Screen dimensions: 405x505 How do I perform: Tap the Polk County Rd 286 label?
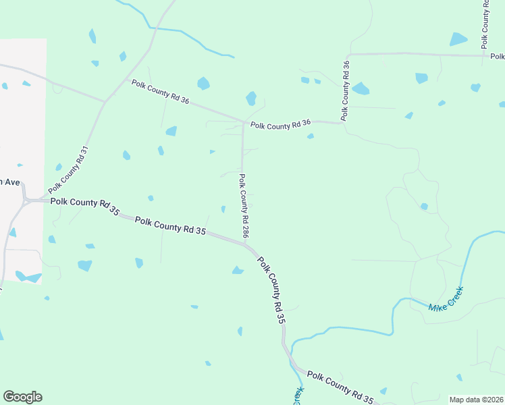pyautogui.click(x=244, y=207)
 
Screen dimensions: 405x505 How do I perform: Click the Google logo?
pyautogui.click(x=22, y=397)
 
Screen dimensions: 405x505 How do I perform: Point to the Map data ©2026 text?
pyautogui.click(x=477, y=400)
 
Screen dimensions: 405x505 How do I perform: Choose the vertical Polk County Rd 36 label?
pyautogui.click(x=346, y=91)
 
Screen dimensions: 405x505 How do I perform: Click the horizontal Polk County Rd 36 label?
pyautogui.click(x=280, y=125)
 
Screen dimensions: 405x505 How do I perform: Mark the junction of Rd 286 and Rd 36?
pyautogui.click(x=243, y=123)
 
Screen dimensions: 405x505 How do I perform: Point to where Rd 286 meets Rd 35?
pyautogui.click(x=244, y=242)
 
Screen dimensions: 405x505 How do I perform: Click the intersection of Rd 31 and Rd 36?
pyautogui.click(x=105, y=102)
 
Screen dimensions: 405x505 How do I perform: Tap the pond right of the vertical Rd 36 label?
pyautogui.click(x=361, y=88)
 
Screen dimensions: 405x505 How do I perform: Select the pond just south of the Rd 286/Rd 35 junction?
pyautogui.click(x=238, y=271)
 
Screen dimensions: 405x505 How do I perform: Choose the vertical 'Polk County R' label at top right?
pyautogui.click(x=485, y=24)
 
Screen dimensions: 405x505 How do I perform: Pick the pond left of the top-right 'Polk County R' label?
pyautogui.click(x=458, y=38)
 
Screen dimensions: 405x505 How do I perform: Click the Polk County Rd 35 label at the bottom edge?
pyautogui.click(x=340, y=386)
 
